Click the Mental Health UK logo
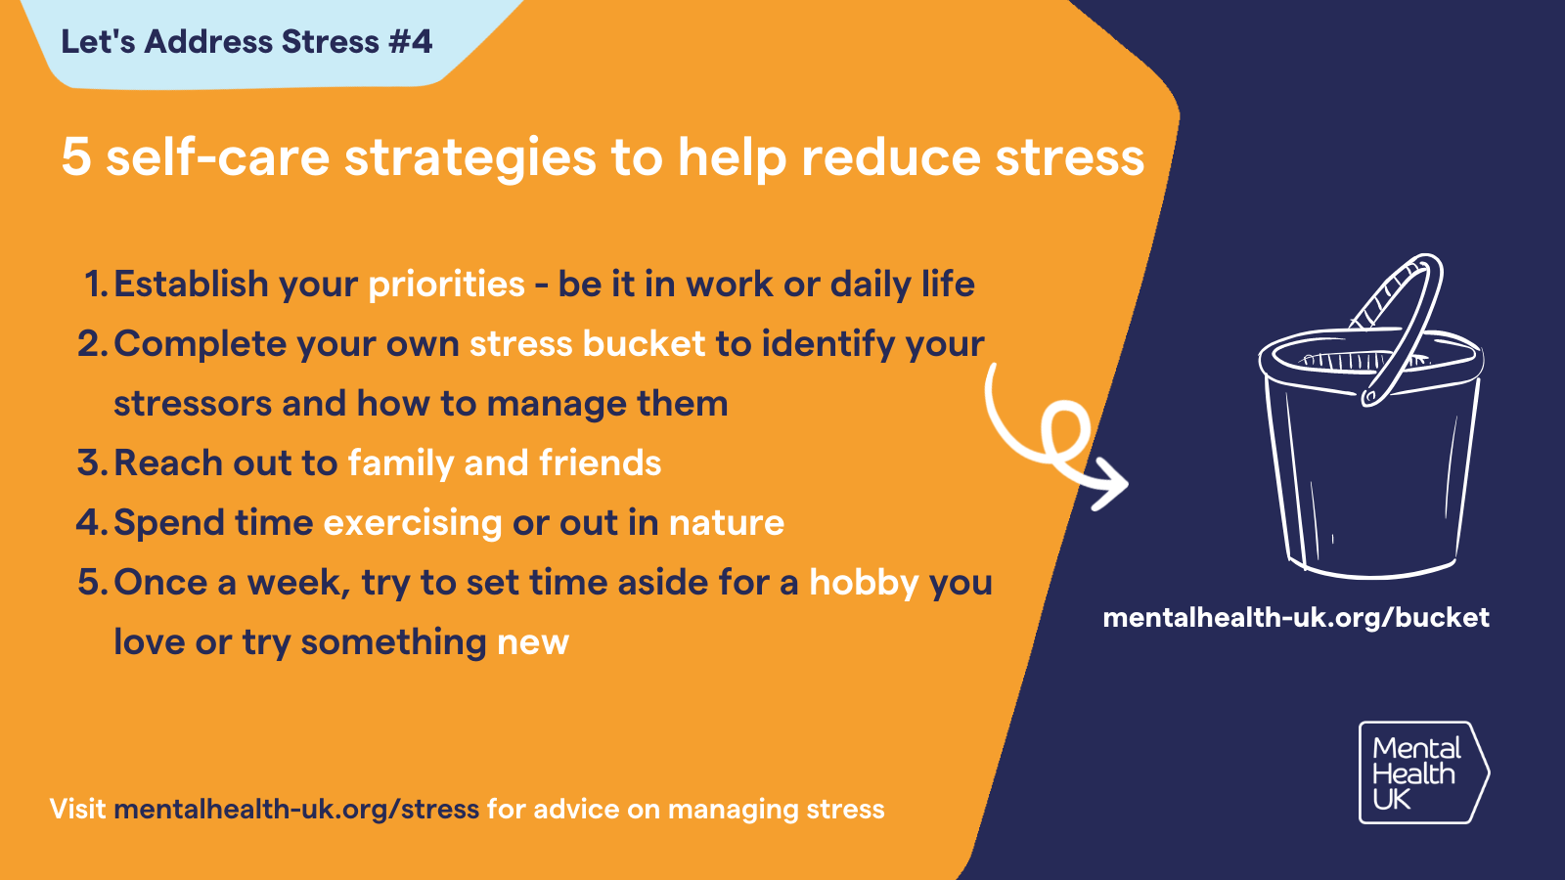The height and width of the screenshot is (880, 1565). click(x=1422, y=772)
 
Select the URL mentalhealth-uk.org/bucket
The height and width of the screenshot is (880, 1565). click(x=1296, y=618)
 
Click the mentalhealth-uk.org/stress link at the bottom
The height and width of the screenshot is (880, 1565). click(x=296, y=810)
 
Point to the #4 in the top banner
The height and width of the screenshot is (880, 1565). click(x=409, y=42)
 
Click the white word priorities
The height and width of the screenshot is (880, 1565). click(x=446, y=285)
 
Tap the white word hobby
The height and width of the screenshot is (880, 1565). click(x=864, y=583)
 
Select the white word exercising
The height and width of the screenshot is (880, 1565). click(x=413, y=523)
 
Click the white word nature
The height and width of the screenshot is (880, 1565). click(x=727, y=523)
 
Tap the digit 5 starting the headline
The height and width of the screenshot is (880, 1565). click(x=75, y=157)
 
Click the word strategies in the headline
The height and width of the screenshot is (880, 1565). click(x=469, y=158)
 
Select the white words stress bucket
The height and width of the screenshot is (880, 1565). click(x=587, y=344)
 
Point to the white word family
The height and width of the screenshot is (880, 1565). click(x=401, y=463)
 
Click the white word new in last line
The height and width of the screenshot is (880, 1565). click(x=532, y=642)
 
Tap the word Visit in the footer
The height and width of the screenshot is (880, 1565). click(x=77, y=810)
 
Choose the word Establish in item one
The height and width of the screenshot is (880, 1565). click(x=191, y=285)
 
